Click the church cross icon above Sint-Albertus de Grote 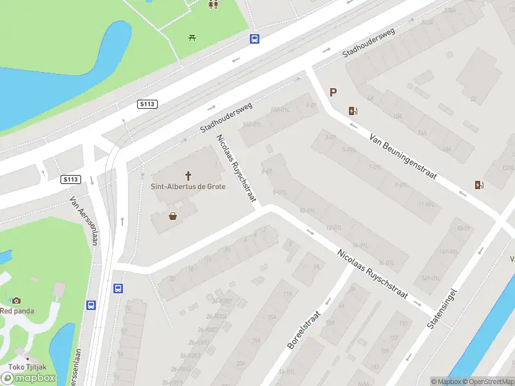[189, 175]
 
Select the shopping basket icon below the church [173, 216]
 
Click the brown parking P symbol [333, 93]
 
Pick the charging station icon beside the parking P [352, 111]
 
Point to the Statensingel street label [442, 309]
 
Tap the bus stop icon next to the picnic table [255, 39]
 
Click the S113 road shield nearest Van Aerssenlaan [71, 179]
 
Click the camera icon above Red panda [15, 300]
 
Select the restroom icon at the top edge [212, 5]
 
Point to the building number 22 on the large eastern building [473, 99]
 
